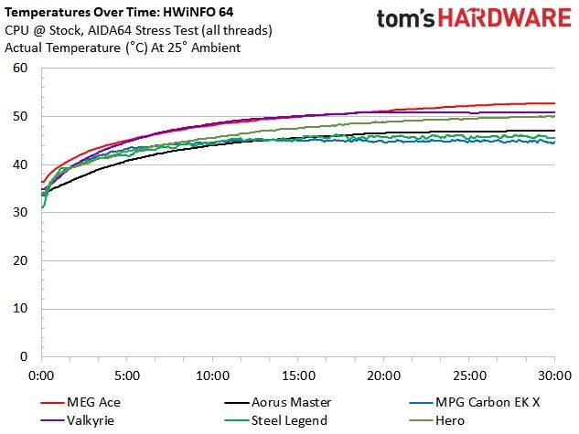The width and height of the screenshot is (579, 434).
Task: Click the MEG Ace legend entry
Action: [80, 402]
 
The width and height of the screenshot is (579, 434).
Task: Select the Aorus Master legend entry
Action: [278, 402]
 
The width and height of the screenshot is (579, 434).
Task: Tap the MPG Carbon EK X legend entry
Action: [475, 402]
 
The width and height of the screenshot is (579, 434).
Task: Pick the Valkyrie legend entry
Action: [77, 420]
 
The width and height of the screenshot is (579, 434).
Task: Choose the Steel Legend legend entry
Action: [276, 420]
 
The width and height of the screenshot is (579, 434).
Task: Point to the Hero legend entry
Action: [437, 420]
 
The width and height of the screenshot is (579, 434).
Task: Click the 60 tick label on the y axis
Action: [20, 68]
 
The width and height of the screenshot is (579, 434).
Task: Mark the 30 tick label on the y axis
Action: [20, 212]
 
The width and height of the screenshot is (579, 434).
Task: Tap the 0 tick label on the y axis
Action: [24, 356]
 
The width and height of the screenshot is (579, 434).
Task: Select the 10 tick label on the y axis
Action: [20, 309]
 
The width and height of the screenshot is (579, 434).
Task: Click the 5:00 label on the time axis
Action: [127, 376]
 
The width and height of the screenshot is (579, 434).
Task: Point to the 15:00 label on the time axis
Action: [298, 376]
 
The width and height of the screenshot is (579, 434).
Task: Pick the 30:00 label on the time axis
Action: [554, 376]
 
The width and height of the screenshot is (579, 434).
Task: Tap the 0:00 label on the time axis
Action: [41, 376]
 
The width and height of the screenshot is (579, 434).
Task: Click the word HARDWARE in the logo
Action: [505, 18]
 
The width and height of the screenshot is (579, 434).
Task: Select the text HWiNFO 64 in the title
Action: [198, 13]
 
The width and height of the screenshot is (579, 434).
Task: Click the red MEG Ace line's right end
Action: [554, 103]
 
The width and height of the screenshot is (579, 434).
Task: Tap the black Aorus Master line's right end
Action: [554, 131]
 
